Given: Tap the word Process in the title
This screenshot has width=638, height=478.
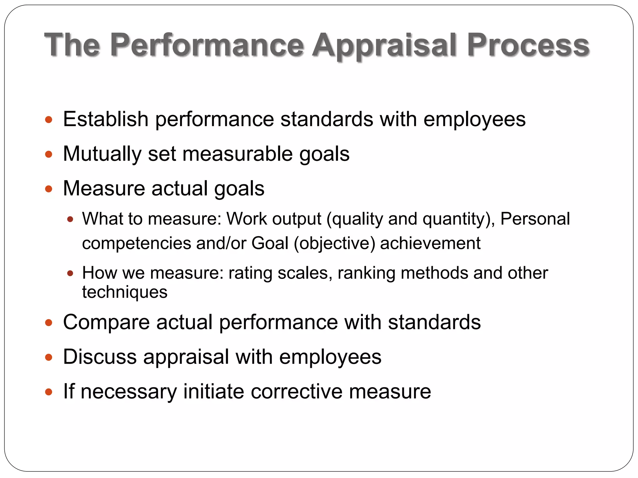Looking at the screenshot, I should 528,45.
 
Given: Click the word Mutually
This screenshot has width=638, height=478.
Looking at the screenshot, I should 102,154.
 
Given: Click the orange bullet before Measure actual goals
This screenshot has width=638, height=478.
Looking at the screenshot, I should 49,189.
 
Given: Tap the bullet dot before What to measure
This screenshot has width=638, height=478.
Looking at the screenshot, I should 70,219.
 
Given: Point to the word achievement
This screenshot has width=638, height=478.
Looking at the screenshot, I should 430,243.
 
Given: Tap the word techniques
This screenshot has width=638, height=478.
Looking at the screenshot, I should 125,292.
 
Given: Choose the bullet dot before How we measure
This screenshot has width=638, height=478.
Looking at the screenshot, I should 70,274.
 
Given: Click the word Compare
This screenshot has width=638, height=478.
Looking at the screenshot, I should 106,322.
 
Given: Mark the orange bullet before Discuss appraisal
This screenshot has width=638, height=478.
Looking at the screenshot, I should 49,357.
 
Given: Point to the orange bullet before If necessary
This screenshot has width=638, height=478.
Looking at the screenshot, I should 49,392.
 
